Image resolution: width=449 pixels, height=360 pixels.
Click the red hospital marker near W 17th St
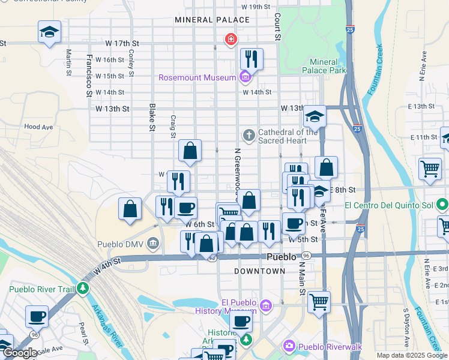pyautogui.click(x=230, y=40)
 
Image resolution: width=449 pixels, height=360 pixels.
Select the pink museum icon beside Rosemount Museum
pyautogui.click(x=244, y=77)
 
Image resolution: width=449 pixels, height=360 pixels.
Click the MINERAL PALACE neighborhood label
pyautogui.click(x=212, y=20)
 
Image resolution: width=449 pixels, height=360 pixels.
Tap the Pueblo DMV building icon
pyautogui.click(x=153, y=244)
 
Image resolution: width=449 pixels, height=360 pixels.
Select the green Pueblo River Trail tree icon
pyautogui.click(x=82, y=289)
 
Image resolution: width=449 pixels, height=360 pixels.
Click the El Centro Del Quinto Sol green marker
pyautogui.click(x=442, y=206)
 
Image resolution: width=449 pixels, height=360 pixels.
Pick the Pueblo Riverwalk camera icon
pyautogui.click(x=289, y=346)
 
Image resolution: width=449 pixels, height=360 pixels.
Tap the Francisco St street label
pyautogui.click(x=89, y=75)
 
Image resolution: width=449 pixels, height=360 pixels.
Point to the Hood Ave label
pyautogui.click(x=39, y=127)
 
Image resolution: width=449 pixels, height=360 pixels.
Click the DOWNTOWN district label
pyautogui.click(x=260, y=271)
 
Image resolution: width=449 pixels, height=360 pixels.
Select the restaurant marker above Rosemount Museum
pyautogui.click(x=252, y=59)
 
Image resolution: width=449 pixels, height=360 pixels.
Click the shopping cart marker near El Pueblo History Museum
pyautogui.click(x=319, y=302)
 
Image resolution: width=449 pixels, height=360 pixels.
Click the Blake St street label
pyautogui.click(x=152, y=117)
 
